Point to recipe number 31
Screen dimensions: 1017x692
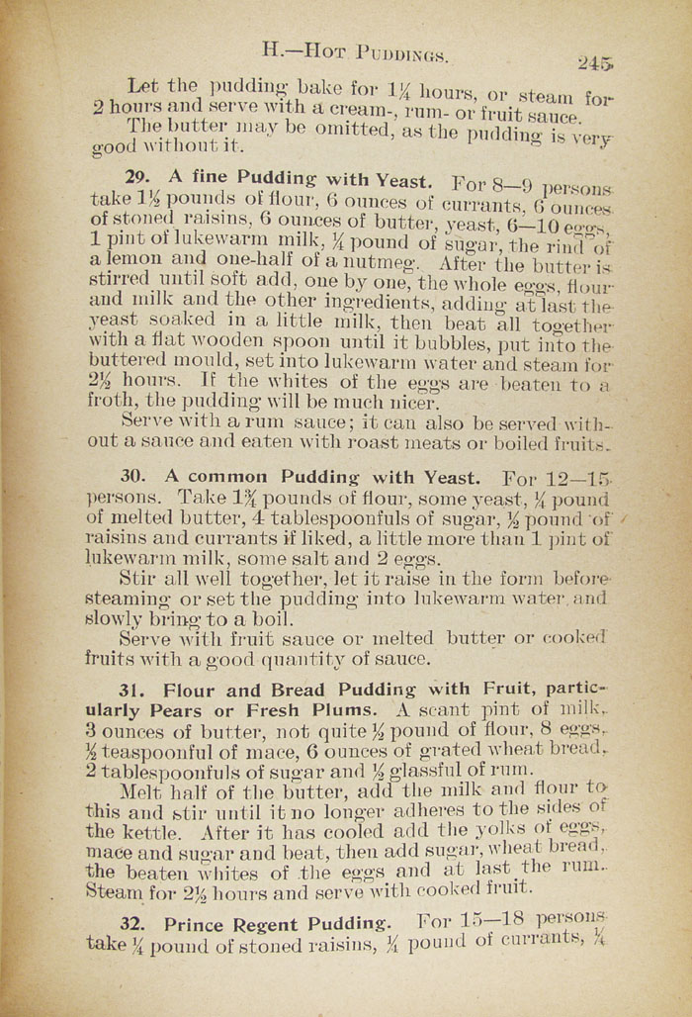click(x=133, y=690)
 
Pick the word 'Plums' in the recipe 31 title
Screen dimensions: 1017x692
click(x=346, y=711)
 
